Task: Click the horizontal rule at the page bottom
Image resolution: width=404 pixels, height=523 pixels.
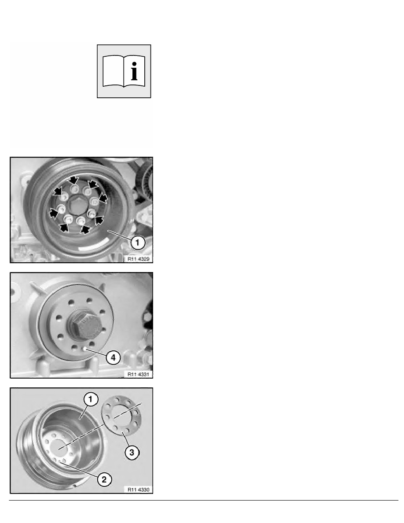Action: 203,500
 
